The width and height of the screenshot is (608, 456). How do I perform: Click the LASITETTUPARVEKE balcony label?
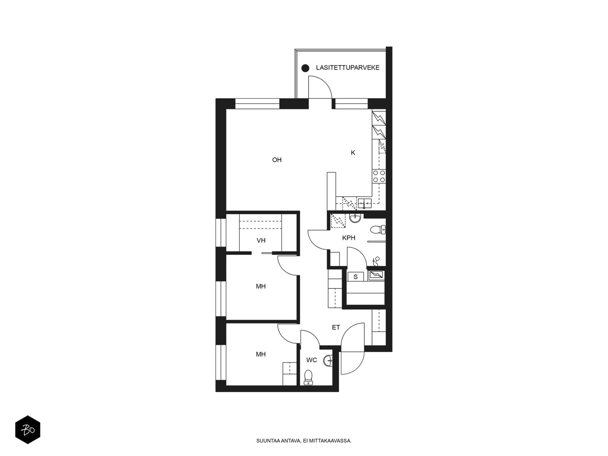coord(348,68)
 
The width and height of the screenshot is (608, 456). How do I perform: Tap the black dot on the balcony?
coord(305,68)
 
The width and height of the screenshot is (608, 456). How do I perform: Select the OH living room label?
coord(277,160)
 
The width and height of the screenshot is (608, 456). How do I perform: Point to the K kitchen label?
coord(353,152)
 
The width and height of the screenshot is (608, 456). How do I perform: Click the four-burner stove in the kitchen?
coord(379,176)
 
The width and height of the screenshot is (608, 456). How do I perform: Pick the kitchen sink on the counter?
coord(364,203)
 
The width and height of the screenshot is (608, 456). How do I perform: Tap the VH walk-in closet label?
coord(261,240)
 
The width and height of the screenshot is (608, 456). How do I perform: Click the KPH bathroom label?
coord(348,238)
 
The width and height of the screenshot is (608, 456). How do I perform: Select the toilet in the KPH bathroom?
coord(378,230)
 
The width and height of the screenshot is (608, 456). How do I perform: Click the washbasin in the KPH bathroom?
coord(355,218)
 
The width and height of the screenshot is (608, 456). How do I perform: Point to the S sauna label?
coord(356,277)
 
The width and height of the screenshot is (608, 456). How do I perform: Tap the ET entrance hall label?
coord(336,328)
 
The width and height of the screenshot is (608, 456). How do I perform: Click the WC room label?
coord(312,360)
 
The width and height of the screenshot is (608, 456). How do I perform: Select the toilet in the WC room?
coord(308,377)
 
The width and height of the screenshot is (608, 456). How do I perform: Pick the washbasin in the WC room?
coord(328,361)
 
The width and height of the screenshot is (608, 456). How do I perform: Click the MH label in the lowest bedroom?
coord(261,354)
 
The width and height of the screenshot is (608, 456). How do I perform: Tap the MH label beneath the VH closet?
coord(261,286)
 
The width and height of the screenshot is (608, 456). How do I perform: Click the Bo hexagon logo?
coord(28,430)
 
